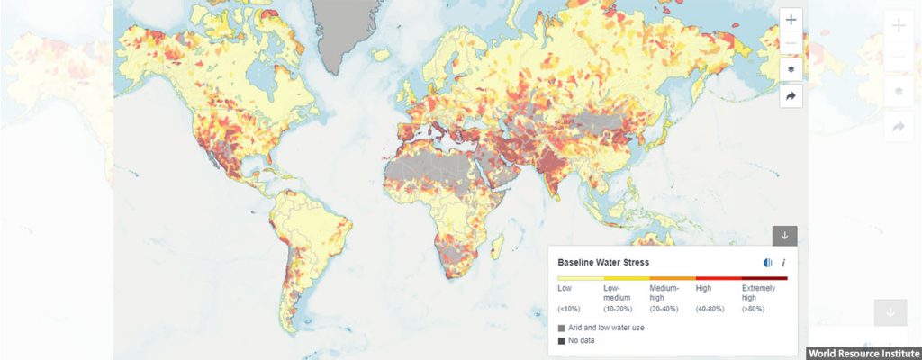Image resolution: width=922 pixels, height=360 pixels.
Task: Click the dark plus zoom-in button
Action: point(791,20)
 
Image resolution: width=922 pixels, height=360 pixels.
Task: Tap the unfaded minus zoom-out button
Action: point(791,44)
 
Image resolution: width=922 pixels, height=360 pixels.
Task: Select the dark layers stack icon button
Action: point(791,70)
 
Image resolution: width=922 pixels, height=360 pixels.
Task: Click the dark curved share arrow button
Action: point(791,96)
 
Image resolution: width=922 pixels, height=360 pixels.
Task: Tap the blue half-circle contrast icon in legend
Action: point(767,263)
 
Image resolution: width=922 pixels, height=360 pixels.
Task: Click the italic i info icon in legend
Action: point(783,263)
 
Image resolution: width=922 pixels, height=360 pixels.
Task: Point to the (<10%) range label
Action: point(570,309)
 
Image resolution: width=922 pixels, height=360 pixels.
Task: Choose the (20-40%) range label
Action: point(664,309)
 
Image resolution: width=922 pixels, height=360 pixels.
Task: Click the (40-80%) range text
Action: point(710,309)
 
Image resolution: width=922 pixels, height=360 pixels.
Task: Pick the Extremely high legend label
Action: point(758,292)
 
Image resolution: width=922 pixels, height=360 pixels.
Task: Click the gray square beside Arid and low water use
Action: point(562,328)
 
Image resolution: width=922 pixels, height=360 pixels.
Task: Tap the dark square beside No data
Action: point(562,340)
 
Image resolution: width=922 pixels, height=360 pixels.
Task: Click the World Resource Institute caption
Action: point(863,353)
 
